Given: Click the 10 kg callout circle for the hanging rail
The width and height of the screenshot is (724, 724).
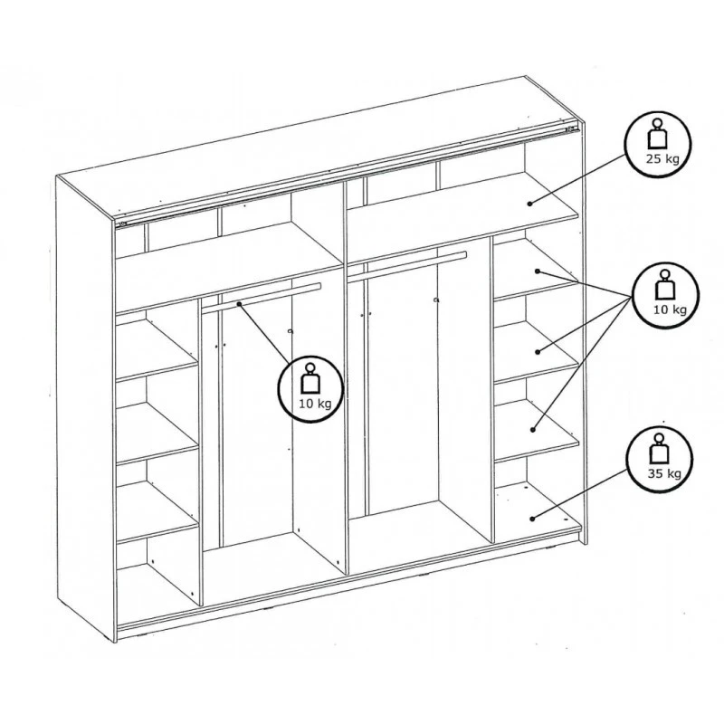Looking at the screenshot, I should coord(310,388).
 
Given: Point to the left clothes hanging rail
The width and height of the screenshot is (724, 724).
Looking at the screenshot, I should coord(262,297).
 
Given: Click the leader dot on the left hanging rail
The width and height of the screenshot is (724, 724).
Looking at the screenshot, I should coord(239,304).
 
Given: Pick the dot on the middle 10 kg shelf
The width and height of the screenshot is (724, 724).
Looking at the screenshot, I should coord(538,350).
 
